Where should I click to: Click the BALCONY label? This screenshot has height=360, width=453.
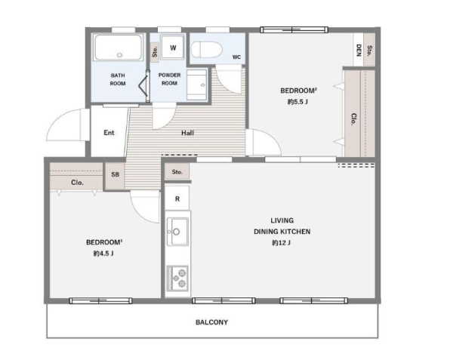(211, 322)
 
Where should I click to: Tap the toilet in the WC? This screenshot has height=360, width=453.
(207, 50)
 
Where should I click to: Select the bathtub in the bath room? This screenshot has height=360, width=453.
(119, 48)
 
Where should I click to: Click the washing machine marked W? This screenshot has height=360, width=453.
(173, 48)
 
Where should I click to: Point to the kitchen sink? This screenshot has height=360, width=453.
(177, 232)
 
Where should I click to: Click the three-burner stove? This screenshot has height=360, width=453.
(177, 278)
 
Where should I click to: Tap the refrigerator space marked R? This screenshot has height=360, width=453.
(177, 198)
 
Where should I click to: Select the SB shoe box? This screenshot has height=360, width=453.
(115, 174)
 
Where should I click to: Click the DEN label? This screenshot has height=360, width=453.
(359, 51)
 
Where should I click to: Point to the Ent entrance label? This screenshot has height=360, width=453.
(109, 133)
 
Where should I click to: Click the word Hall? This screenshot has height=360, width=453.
(187, 133)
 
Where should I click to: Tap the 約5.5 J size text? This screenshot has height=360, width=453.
(297, 102)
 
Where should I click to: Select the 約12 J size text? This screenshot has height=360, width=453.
(281, 243)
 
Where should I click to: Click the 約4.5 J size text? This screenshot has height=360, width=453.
(103, 254)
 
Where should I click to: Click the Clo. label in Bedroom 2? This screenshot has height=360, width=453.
(353, 119)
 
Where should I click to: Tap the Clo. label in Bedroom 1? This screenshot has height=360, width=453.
(78, 183)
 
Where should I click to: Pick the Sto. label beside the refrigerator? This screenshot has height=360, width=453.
(177, 172)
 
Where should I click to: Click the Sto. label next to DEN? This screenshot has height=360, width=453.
(369, 51)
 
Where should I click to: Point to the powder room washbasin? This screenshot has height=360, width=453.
(197, 85)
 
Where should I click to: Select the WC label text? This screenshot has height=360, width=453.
(236, 57)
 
